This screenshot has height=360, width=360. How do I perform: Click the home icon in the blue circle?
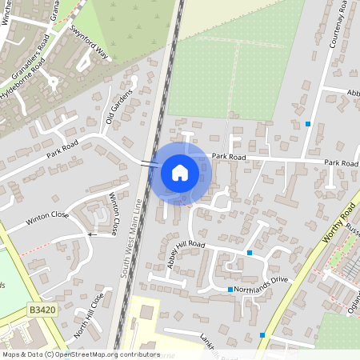[180, 171]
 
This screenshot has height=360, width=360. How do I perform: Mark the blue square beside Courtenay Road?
[308, 123]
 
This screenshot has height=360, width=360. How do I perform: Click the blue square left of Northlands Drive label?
[230, 289]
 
